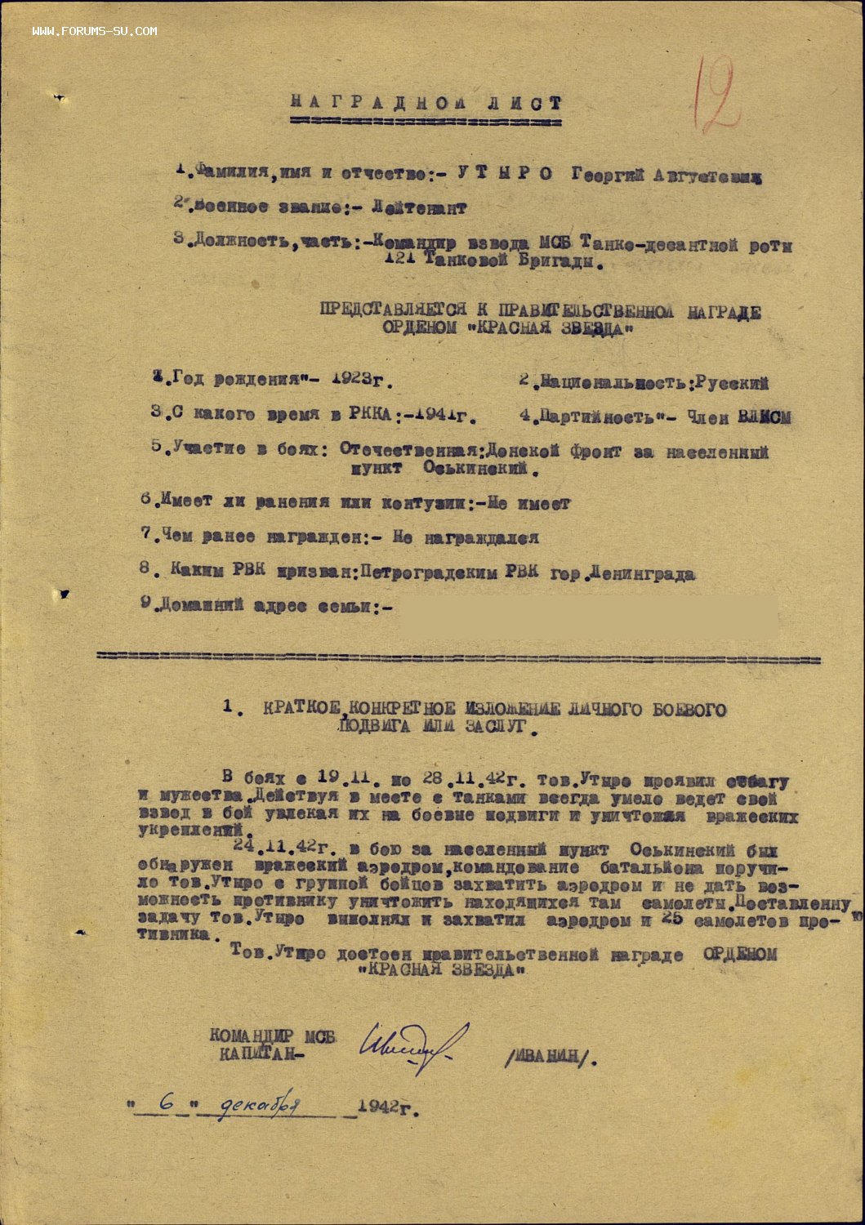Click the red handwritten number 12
coord(717,96)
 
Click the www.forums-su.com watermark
coord(95,31)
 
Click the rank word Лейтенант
coord(419,208)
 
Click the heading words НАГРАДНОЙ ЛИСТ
coord(426,104)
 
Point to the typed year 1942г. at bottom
coord(388,1107)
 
